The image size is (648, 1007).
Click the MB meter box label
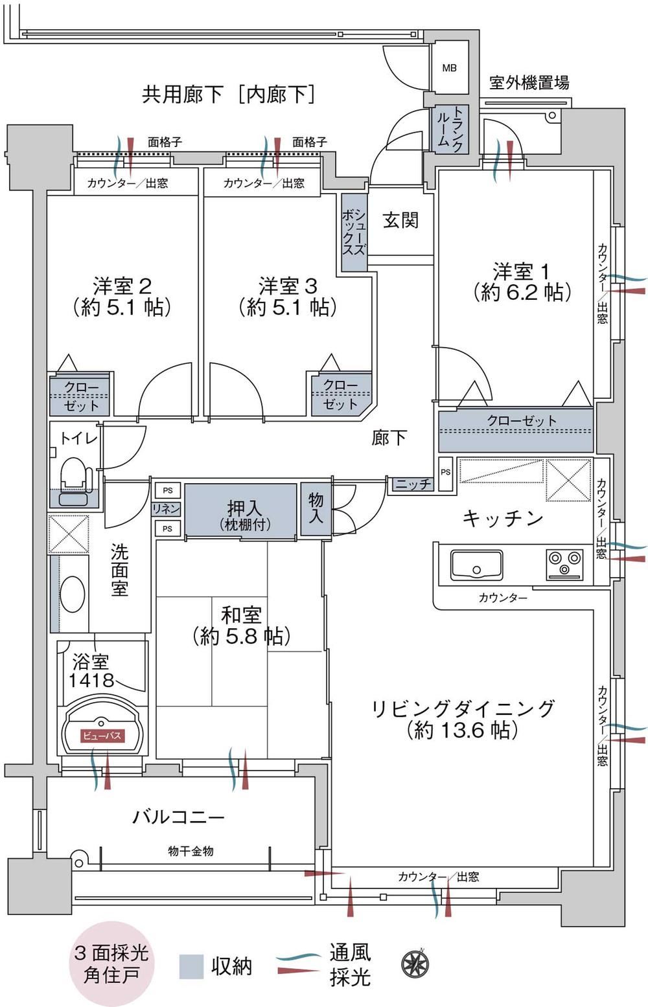click(449, 68)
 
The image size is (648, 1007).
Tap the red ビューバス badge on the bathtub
click(102, 736)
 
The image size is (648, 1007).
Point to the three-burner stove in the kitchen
click(564, 564)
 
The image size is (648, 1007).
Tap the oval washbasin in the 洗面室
click(72, 594)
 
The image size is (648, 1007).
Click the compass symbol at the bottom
click(414, 964)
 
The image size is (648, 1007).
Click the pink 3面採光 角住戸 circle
click(111, 964)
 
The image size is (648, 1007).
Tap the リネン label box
click(167, 509)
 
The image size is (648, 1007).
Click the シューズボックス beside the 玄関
click(354, 232)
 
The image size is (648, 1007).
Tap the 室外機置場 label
click(529, 83)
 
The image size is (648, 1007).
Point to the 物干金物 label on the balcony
click(191, 850)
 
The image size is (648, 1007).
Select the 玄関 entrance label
click(400, 220)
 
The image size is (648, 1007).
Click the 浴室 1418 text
click(91, 671)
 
